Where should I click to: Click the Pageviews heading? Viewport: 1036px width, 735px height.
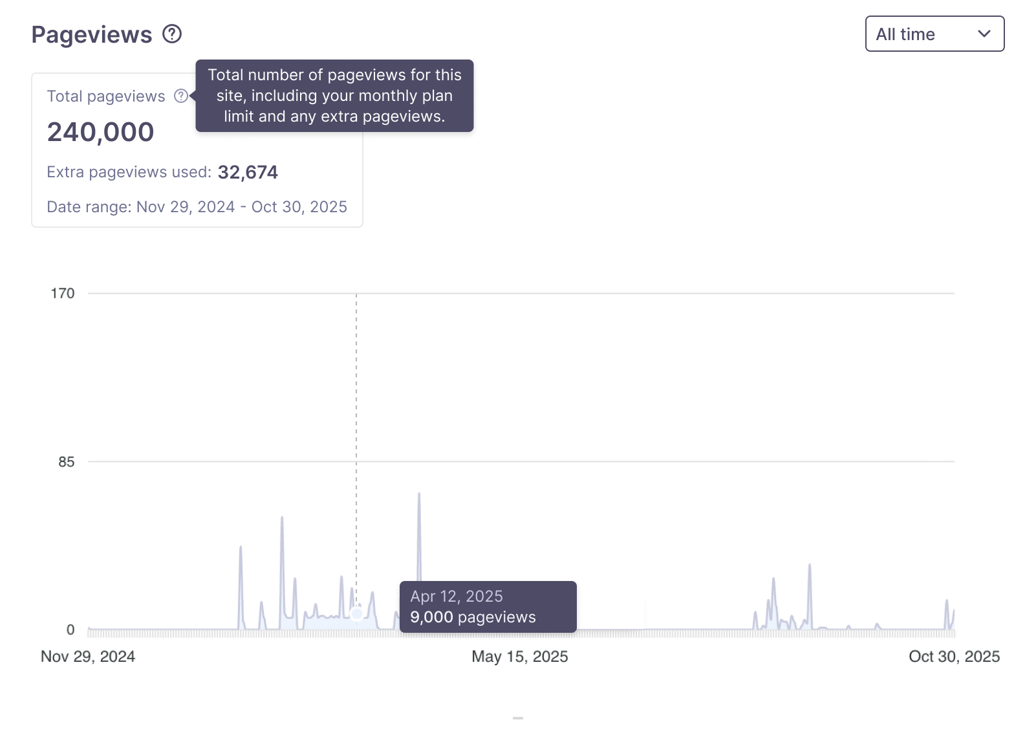click(92, 35)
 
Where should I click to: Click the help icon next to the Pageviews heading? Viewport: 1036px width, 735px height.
click(172, 34)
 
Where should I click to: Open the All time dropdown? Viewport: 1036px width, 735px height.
click(934, 34)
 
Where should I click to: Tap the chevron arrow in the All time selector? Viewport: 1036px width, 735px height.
click(984, 34)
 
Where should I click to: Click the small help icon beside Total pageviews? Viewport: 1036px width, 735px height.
click(181, 96)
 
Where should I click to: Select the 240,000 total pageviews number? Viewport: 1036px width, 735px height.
click(100, 132)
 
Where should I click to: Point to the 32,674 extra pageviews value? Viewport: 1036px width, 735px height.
click(248, 172)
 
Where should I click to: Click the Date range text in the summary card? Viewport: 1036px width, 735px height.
click(197, 207)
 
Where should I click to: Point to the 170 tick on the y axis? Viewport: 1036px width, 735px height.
click(63, 294)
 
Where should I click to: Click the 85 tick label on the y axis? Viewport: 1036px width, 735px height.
click(67, 462)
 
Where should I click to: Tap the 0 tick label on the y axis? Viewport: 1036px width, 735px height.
click(70, 630)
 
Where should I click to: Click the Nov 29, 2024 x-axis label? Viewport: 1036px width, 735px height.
click(88, 657)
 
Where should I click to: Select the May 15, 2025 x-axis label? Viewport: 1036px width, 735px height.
click(520, 657)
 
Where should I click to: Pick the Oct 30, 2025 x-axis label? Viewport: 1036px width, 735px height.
click(954, 657)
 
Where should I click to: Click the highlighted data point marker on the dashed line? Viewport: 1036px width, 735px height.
click(356, 613)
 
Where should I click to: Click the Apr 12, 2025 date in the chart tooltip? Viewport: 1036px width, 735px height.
click(457, 597)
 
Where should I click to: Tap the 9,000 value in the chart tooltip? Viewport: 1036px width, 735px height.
click(431, 617)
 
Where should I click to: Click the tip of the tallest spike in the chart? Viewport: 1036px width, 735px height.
click(419, 494)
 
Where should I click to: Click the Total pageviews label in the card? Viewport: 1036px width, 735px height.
click(106, 96)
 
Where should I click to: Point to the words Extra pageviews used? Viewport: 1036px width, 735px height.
click(129, 172)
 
